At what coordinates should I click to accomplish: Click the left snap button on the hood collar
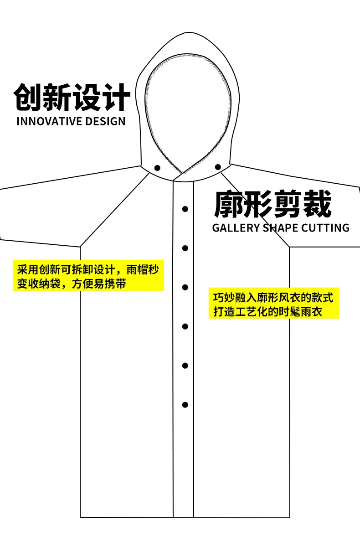[157, 168]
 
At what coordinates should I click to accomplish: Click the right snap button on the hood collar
[218, 167]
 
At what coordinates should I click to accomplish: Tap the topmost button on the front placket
[185, 209]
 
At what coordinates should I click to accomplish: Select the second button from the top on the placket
[185, 248]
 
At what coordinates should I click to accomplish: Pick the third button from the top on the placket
[185, 287]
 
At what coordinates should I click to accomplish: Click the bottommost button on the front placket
[185, 405]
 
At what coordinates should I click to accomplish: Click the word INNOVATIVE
[49, 121]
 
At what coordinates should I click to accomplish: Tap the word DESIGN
[105, 121]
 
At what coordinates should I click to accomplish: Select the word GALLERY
[236, 228]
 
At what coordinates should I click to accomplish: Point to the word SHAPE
[280, 228]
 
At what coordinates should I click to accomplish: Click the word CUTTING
[325, 228]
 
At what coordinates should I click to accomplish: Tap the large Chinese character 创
[27, 97]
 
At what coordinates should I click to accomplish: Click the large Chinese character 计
[116, 97]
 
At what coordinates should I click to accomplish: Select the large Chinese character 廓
[228, 204]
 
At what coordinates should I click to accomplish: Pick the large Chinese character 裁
[317, 204]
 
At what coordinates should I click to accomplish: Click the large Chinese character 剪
[288, 204]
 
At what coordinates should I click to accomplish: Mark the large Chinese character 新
[57, 97]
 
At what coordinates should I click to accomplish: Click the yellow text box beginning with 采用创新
[88, 275]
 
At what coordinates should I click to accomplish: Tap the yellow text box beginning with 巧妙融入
[273, 303]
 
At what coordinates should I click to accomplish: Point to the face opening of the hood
[188, 110]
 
